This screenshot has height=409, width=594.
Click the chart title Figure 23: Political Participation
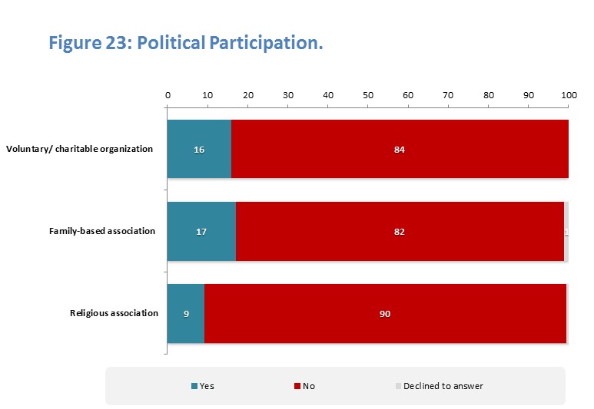coord(185,43)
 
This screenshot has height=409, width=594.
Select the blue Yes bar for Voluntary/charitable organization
coord(184,149)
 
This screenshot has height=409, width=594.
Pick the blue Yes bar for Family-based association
coord(184,231)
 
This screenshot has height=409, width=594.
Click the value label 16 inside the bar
coord(199,149)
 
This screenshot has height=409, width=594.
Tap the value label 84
coord(399,149)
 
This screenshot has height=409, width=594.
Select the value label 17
coord(201,231)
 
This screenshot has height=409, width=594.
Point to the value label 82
coord(399,231)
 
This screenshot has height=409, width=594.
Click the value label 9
coord(186,313)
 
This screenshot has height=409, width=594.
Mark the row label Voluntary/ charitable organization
coord(80,149)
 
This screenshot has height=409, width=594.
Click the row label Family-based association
coord(102,231)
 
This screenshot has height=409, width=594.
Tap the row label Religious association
coord(114,313)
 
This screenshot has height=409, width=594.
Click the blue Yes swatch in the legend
coord(194,386)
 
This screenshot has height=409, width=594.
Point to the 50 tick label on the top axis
coord(368,94)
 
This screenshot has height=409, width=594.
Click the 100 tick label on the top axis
coord(569,94)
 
